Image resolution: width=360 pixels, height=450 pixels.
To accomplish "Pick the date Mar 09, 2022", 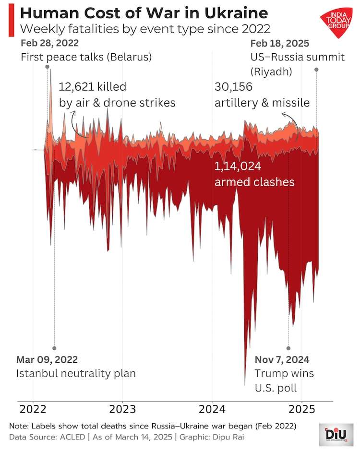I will [x=47, y=359].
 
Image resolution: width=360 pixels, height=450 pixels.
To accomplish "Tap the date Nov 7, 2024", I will [x=282, y=359].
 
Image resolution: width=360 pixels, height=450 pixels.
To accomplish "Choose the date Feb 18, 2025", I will [x=280, y=44].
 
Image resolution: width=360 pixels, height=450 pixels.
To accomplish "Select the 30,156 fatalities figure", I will [x=233, y=87].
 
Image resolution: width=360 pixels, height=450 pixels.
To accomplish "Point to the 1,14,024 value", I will [x=238, y=167].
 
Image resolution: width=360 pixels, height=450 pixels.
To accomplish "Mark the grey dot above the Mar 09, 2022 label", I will [x=54, y=348].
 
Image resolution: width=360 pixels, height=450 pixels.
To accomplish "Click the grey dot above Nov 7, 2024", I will [x=288, y=348].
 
